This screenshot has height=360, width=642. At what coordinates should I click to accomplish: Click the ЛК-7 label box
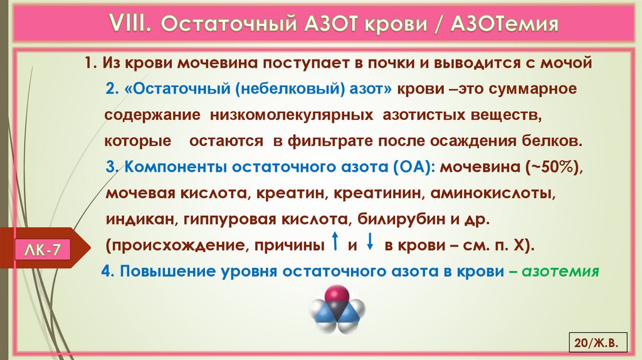click(x=43, y=250)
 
